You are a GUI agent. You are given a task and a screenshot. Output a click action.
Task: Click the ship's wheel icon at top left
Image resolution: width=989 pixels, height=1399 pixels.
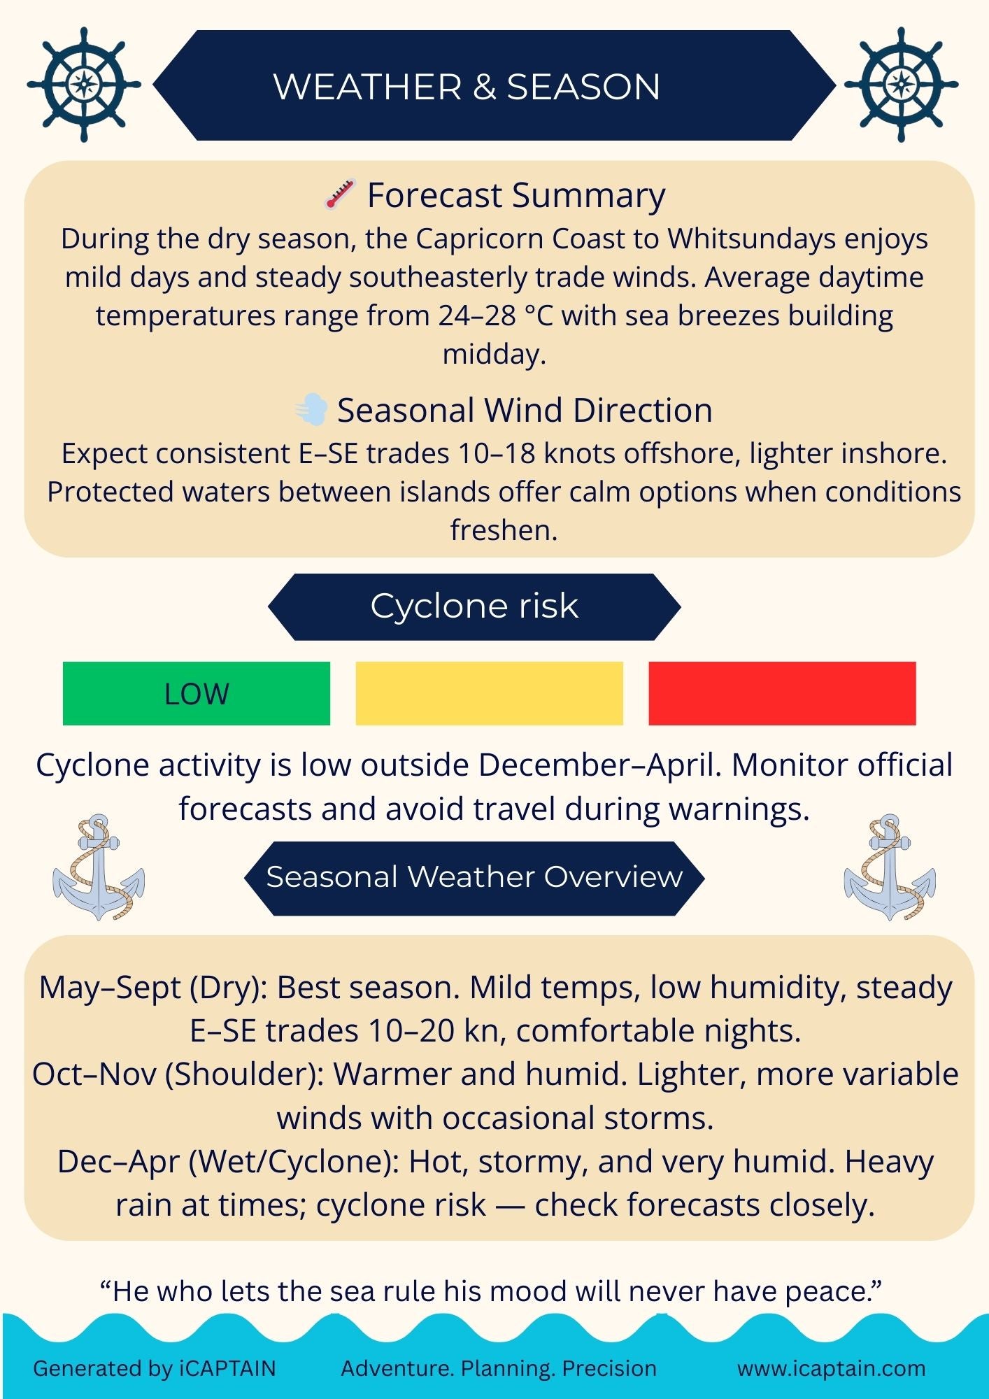tap(84, 85)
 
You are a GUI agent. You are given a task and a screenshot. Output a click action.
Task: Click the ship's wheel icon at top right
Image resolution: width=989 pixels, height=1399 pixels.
tap(901, 85)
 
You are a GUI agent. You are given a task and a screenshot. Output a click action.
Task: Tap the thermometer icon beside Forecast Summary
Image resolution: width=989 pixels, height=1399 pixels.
tap(340, 194)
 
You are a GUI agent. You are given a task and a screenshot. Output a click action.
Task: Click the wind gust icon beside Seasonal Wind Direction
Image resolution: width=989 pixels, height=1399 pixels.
tap(311, 409)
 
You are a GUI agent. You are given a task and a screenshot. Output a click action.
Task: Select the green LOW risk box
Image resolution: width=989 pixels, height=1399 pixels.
tap(197, 693)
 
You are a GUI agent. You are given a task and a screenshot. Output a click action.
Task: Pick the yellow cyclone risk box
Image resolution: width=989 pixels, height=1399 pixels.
tap(489, 693)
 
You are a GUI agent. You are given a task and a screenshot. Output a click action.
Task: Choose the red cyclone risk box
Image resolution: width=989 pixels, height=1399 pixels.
tap(782, 693)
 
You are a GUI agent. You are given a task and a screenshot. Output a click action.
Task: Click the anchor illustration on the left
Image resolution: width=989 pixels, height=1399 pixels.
tap(99, 867)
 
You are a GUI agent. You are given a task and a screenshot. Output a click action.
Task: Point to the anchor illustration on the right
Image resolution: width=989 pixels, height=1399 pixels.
tap(890, 867)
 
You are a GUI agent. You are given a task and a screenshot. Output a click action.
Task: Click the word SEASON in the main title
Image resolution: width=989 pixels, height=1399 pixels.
tap(583, 87)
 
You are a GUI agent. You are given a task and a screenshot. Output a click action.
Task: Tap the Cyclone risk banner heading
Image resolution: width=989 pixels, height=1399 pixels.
tap(474, 606)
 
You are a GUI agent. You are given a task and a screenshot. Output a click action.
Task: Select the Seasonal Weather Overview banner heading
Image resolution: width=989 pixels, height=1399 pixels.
tap(474, 877)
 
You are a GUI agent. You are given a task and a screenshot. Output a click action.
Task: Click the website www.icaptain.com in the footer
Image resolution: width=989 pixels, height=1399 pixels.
tap(832, 1368)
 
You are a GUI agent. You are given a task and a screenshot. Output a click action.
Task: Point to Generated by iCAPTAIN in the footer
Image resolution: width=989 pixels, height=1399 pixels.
tap(155, 1368)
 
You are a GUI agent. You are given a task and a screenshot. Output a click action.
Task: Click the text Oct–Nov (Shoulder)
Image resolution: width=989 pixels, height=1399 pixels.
tap(178, 1074)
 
